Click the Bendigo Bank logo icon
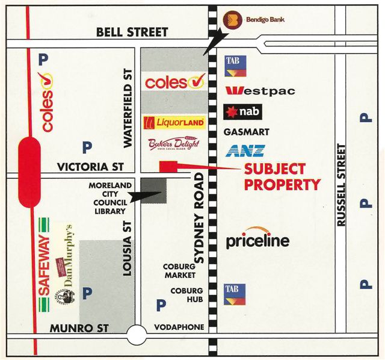click(x=232, y=20)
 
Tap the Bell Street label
click(x=132, y=33)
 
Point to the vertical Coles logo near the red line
click(x=47, y=102)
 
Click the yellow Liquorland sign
click(x=174, y=123)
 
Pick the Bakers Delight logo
click(x=173, y=146)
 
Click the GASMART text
click(x=247, y=132)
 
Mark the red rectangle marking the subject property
click(x=168, y=166)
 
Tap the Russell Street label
click(x=342, y=185)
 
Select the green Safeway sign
click(x=43, y=265)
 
